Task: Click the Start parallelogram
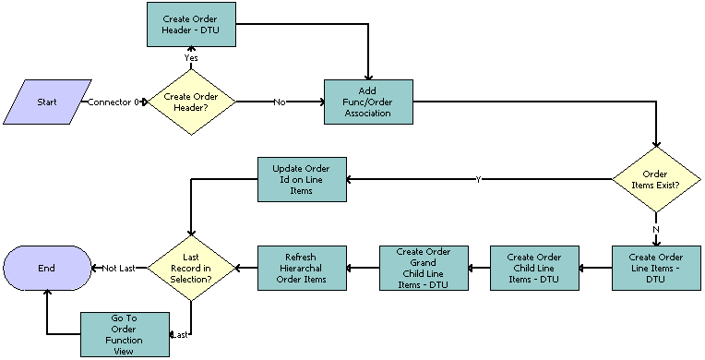pyautogui.click(x=47, y=102)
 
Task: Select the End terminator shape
pyautogui.click(x=46, y=268)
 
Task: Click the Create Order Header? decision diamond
pyautogui.click(x=191, y=102)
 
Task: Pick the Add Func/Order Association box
pyautogui.click(x=368, y=102)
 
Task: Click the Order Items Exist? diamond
pyautogui.click(x=656, y=179)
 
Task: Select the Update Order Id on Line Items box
pyautogui.click(x=301, y=179)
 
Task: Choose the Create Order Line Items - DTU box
pyautogui.click(x=656, y=268)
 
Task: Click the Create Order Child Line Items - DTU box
pyautogui.click(x=534, y=268)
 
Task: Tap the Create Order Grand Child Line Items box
pyautogui.click(x=424, y=268)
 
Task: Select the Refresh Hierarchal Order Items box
pyautogui.click(x=301, y=268)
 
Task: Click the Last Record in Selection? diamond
pyautogui.click(x=191, y=268)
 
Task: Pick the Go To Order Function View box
pyautogui.click(x=125, y=333)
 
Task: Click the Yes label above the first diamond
pyautogui.click(x=191, y=57)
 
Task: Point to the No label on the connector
pyautogui.click(x=280, y=102)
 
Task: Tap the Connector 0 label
pyautogui.click(x=113, y=102)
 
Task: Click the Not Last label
pyautogui.click(x=119, y=269)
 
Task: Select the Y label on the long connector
pyautogui.click(x=478, y=179)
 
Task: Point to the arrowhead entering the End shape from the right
pyautogui.click(x=93, y=268)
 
